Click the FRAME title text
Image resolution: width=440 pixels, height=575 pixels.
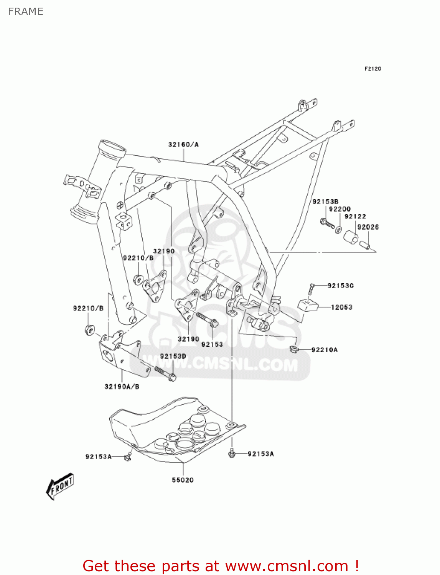tap(25, 11)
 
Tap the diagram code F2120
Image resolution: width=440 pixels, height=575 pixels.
tap(372, 69)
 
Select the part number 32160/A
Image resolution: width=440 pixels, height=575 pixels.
tap(183, 145)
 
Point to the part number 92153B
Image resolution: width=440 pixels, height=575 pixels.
tap(325, 202)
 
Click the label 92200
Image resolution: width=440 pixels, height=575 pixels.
tap(340, 209)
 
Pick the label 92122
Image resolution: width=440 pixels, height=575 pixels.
tap(355, 217)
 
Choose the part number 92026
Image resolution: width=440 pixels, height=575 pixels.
tap(368, 227)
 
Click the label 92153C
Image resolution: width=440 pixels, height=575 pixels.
tap(341, 286)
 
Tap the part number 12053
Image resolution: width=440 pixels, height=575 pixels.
tap(341, 307)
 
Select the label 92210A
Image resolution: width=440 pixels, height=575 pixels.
tap(325, 350)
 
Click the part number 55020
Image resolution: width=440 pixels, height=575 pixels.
tap(183, 480)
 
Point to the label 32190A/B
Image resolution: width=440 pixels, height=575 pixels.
tap(122, 386)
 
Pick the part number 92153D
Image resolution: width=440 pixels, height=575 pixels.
tap(173, 356)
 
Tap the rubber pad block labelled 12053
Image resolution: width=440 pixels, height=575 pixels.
tap(308, 306)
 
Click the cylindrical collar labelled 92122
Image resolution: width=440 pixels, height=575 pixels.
tap(350, 237)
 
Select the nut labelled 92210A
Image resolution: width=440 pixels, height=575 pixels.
tap(293, 349)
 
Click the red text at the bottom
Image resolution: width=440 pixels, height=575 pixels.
tap(221, 566)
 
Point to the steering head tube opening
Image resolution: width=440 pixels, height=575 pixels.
tap(112, 148)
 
